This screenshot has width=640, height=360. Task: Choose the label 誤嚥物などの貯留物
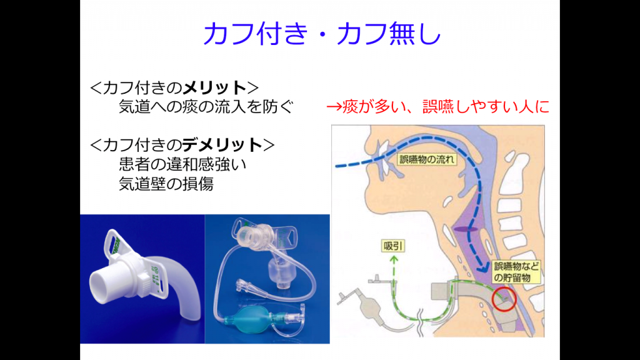click(x=515, y=271)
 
